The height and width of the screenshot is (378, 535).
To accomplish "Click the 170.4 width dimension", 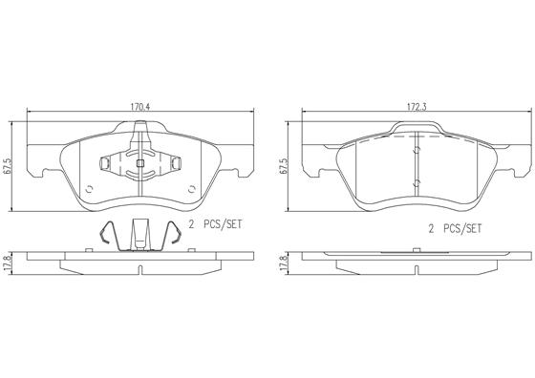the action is coord(140,106).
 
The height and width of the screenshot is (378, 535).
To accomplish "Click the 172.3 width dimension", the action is coord(417,106).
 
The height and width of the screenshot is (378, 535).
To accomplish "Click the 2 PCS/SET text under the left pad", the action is coord(216,224).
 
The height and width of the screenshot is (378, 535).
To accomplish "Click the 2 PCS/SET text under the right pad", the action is coord(455,228).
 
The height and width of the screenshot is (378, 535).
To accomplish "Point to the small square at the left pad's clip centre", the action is coord(139,163).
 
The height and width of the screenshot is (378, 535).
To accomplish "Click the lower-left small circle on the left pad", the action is coord(89,188).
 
